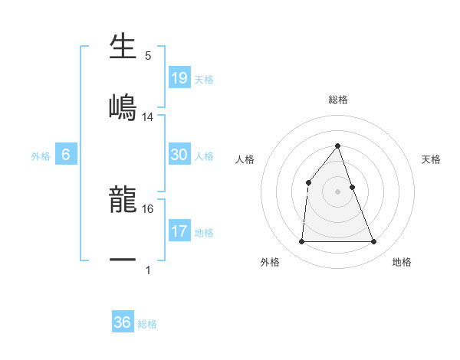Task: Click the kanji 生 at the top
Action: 123,47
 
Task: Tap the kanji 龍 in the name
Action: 123,201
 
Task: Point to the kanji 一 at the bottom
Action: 123,260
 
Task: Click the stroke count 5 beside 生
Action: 148,55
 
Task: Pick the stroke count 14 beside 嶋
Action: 148,116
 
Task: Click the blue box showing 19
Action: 179,77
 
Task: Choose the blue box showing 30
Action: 179,155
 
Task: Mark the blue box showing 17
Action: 179,231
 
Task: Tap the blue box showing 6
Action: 66,155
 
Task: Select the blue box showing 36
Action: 123,322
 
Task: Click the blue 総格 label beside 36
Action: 147,324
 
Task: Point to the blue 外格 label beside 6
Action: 41,156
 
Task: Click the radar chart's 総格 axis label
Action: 337,100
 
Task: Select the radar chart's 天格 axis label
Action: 432,159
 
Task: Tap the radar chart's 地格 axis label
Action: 402,262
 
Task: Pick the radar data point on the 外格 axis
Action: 301,242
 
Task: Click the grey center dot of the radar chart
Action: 337,191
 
